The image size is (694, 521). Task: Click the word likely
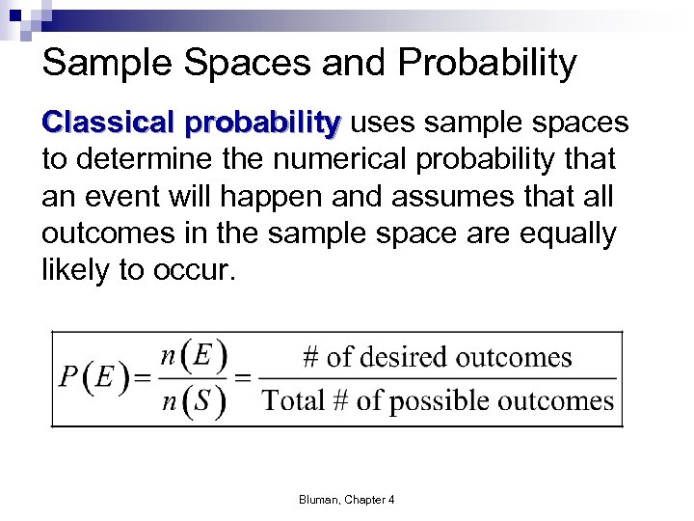pyautogui.click(x=74, y=271)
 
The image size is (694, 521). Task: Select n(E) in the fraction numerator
pyautogui.click(x=193, y=356)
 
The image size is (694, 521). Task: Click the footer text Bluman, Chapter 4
pyautogui.click(x=346, y=499)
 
